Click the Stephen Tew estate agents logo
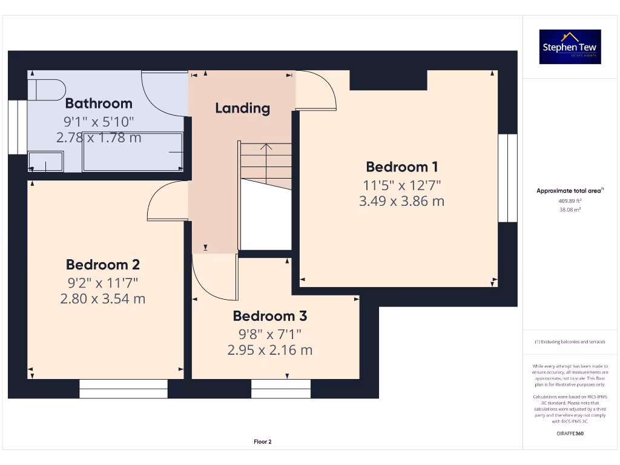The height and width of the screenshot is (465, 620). (x=570, y=47)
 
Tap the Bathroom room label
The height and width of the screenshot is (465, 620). (x=99, y=103)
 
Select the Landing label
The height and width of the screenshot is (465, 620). (x=242, y=108)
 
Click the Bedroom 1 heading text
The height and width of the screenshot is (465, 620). (x=402, y=167)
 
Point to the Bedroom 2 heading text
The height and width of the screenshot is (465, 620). (x=103, y=265)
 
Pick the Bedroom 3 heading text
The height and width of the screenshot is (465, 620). (x=270, y=316)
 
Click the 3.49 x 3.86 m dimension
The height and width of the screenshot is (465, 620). (x=402, y=201)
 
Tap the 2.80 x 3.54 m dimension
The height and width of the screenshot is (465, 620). (x=103, y=298)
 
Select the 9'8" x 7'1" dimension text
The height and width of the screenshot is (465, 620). (x=270, y=334)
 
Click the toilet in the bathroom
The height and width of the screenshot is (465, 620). (x=47, y=90)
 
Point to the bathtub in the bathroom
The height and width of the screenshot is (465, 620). (x=133, y=152)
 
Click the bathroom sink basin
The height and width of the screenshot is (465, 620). (x=45, y=162)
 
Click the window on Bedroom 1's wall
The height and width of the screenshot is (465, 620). (x=508, y=178)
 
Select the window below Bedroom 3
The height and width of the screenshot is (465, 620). (x=281, y=389)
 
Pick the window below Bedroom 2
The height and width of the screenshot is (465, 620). (x=124, y=389)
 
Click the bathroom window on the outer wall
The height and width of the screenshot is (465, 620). (x=18, y=127)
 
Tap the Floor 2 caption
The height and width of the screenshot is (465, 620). (x=263, y=441)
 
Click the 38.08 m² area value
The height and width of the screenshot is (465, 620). (x=570, y=209)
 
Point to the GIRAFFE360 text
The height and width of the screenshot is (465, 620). (x=570, y=434)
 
